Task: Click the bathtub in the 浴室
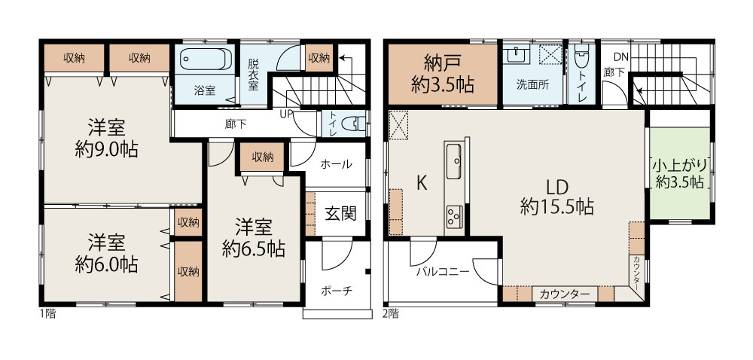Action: (x=206, y=59)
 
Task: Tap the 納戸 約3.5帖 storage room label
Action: (x=442, y=74)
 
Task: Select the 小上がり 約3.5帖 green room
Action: (x=679, y=173)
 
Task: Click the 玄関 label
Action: (x=340, y=213)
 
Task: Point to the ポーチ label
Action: (x=337, y=291)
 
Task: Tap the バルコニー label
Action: (x=442, y=272)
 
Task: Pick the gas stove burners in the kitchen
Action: (x=454, y=216)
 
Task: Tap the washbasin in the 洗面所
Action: (x=517, y=54)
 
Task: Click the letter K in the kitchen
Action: (x=422, y=183)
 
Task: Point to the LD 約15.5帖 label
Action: (x=557, y=197)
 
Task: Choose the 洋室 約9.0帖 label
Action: (x=107, y=139)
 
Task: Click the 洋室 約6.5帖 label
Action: (x=254, y=238)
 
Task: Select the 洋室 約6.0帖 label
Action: (x=107, y=254)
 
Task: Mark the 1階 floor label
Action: (x=47, y=314)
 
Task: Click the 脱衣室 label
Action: (x=252, y=75)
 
